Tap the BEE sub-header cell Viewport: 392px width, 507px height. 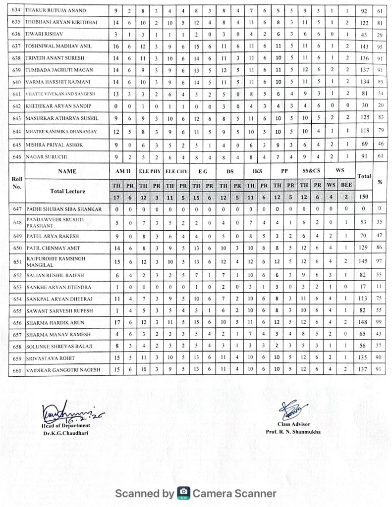coord(346,185)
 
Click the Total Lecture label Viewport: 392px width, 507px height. coord(67,191)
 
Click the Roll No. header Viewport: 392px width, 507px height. coord(16,183)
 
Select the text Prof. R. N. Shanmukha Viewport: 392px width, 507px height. coord(291,432)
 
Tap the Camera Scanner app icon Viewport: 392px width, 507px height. coord(183,493)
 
